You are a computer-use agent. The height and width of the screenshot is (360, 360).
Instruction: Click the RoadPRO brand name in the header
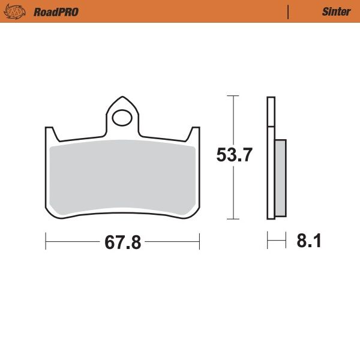click(x=56, y=12)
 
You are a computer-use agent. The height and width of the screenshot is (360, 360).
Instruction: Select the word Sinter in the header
click(x=336, y=12)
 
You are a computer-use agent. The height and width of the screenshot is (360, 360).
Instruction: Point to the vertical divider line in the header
click(x=289, y=12)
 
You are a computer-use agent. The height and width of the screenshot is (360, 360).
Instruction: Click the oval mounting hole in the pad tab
click(x=123, y=117)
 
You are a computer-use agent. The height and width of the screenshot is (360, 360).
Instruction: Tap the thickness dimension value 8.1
click(x=309, y=242)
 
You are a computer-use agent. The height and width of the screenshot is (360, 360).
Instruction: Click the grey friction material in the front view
click(x=123, y=177)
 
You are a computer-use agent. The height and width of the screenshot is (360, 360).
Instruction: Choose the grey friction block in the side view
click(x=281, y=178)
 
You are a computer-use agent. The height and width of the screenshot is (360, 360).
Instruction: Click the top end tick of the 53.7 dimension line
click(x=233, y=96)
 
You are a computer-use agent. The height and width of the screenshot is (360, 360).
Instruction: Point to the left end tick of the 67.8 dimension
click(x=46, y=242)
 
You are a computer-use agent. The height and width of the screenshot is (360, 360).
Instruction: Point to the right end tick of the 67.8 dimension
click(x=199, y=242)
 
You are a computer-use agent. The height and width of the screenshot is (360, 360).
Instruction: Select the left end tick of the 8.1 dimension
click(x=268, y=242)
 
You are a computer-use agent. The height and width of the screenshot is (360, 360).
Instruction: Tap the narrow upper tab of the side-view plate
click(x=271, y=111)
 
